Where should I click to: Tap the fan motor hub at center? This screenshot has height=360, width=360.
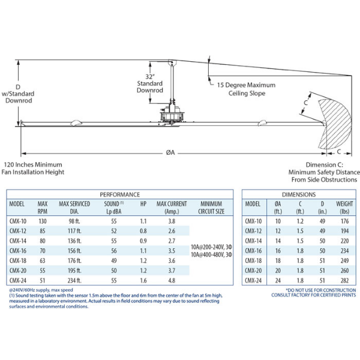click(x=171, y=115)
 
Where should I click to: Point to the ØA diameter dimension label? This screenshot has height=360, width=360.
click(x=170, y=152)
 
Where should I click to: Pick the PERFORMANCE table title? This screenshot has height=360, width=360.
click(x=119, y=194)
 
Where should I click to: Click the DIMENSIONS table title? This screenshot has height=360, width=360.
click(x=298, y=194)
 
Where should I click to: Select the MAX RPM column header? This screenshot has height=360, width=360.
click(x=43, y=207)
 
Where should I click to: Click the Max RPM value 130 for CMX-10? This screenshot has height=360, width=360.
click(x=43, y=221)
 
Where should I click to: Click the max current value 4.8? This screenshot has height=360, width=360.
click(x=172, y=280)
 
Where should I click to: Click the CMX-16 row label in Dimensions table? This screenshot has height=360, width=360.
click(x=253, y=250)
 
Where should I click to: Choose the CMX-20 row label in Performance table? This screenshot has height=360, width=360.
click(x=18, y=270)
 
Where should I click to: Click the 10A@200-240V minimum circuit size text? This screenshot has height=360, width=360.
click(x=210, y=247)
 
